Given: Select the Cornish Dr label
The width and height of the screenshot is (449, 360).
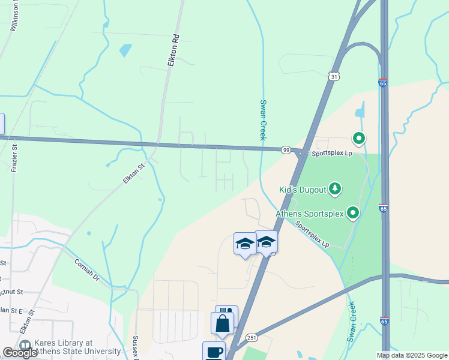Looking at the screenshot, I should tap(88, 269).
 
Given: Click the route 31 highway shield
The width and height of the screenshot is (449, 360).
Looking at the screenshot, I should tap(334, 76).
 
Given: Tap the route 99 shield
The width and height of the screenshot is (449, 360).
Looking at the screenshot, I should tap(286, 149).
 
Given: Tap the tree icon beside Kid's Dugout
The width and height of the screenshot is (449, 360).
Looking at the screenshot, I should tap(335, 190).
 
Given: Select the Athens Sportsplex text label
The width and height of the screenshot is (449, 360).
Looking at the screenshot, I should tap(310, 213).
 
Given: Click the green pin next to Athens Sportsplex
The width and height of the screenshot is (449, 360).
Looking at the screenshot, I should tap(354, 212).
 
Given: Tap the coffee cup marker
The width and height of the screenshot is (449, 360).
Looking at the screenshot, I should tap(214, 351).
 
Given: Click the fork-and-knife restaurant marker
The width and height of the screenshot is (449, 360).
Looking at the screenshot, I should tap(227, 314).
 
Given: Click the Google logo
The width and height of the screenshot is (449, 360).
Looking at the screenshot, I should tap(20, 353).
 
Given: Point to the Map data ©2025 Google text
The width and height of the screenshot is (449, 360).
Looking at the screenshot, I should tap(411, 355).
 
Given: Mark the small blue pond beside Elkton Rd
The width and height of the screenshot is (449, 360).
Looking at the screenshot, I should tap(125, 50).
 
